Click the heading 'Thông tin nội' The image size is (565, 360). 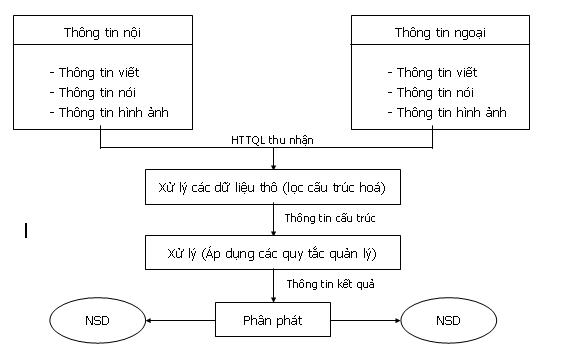pyautogui.click(x=102, y=33)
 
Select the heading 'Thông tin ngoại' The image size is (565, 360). pyautogui.click(x=440, y=33)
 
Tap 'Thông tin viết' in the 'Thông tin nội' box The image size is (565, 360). pyautogui.click(x=99, y=72)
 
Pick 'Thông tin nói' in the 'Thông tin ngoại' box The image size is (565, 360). pyautogui.click(x=435, y=93)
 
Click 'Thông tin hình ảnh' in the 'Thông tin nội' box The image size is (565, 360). pyautogui.click(x=114, y=112)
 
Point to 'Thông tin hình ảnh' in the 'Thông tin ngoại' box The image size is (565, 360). pyautogui.click(x=452, y=112)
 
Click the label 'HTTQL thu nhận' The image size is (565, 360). pyautogui.click(x=272, y=140)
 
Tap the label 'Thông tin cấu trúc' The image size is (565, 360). pyautogui.click(x=330, y=218)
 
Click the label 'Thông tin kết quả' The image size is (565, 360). pyautogui.click(x=330, y=284)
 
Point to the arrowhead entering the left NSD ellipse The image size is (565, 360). pyautogui.click(x=148, y=320)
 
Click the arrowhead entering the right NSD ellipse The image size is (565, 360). pyautogui.click(x=398, y=320)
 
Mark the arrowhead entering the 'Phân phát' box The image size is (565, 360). pyautogui.click(x=273, y=300)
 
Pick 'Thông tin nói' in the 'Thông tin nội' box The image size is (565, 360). pyautogui.click(x=97, y=93)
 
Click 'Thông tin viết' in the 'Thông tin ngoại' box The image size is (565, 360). pyautogui.click(x=437, y=72)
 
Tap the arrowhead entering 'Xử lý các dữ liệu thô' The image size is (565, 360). pyautogui.click(x=273, y=167)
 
